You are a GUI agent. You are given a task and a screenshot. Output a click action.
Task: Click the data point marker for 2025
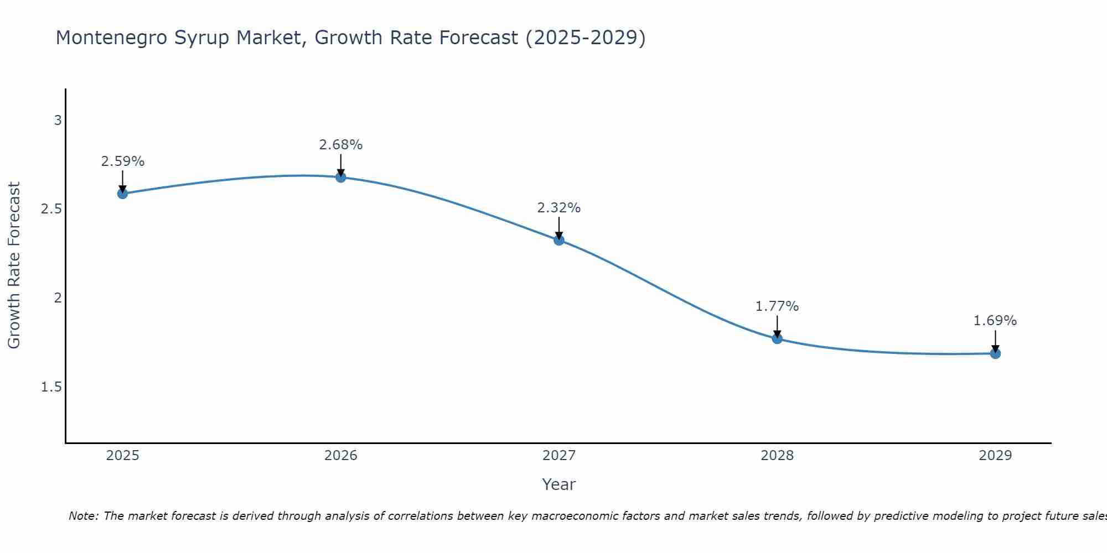122,194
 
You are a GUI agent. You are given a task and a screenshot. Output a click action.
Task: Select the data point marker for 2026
341,178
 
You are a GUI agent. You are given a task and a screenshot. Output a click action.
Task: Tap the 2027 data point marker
559,240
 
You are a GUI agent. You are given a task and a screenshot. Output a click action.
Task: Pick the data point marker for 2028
777,338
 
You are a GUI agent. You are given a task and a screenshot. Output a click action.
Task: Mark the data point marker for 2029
995,353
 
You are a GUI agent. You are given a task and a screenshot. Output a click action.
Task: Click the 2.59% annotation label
122,161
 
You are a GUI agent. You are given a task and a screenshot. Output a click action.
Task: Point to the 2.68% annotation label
341,145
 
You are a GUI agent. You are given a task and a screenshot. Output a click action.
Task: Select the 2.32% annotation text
559,208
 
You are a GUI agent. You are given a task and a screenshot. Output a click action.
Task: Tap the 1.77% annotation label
777,306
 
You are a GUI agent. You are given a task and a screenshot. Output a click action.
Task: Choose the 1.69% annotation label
995,321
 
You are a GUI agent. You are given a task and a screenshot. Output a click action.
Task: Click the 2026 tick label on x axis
341,456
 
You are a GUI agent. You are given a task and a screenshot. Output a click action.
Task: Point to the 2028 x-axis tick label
777,456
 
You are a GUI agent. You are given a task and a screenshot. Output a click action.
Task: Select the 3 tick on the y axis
58,120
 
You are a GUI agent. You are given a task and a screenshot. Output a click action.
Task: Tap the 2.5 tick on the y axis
51,209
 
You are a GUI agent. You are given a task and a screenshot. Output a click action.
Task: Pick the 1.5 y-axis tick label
51,387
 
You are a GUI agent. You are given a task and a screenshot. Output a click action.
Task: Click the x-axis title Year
559,484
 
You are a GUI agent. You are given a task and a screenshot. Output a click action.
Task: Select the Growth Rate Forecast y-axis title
14,265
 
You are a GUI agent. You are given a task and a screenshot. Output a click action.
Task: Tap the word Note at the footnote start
83,516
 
